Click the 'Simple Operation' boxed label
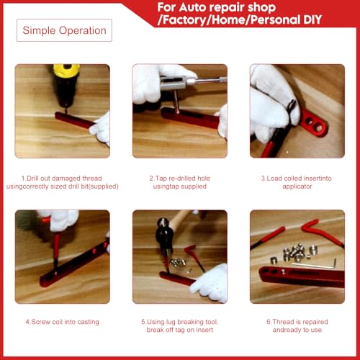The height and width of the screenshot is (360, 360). (64, 30)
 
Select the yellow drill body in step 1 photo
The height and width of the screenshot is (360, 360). (66, 71)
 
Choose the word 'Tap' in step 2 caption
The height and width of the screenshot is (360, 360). (161, 179)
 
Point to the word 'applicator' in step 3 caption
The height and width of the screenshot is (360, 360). (297, 186)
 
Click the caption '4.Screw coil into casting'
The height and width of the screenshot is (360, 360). (63, 322)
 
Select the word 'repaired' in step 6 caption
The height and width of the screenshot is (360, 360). (314, 322)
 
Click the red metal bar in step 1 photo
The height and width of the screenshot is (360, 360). (74, 120)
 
